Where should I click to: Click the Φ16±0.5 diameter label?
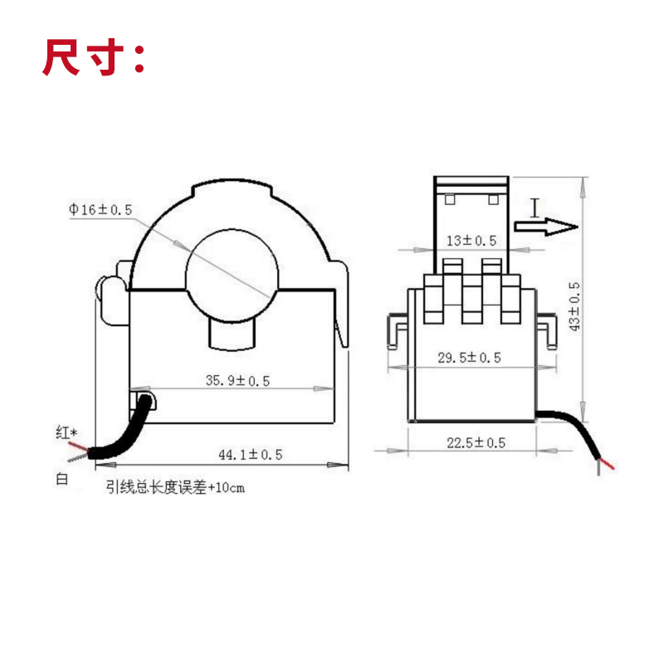(x=100, y=210)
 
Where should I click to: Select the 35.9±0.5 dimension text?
(x=238, y=381)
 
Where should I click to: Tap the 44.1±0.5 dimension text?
(x=250, y=454)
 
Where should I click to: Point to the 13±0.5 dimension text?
(x=471, y=241)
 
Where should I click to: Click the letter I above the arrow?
(x=535, y=206)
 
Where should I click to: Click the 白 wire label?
(x=61, y=479)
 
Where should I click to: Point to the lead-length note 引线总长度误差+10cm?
(x=175, y=488)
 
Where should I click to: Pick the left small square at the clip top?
(x=450, y=199)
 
